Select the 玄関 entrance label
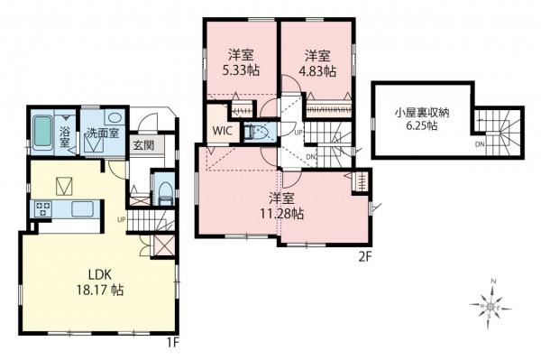pos(142,144)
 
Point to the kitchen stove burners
pos(43,209)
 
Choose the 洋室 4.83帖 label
pos(317,62)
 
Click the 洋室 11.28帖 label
pos(285,206)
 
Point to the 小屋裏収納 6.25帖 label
pos(421,119)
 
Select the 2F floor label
pos(364,255)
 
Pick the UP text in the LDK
pos(121,217)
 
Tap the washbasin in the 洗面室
pos(113,117)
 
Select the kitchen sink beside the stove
pos(80,209)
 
